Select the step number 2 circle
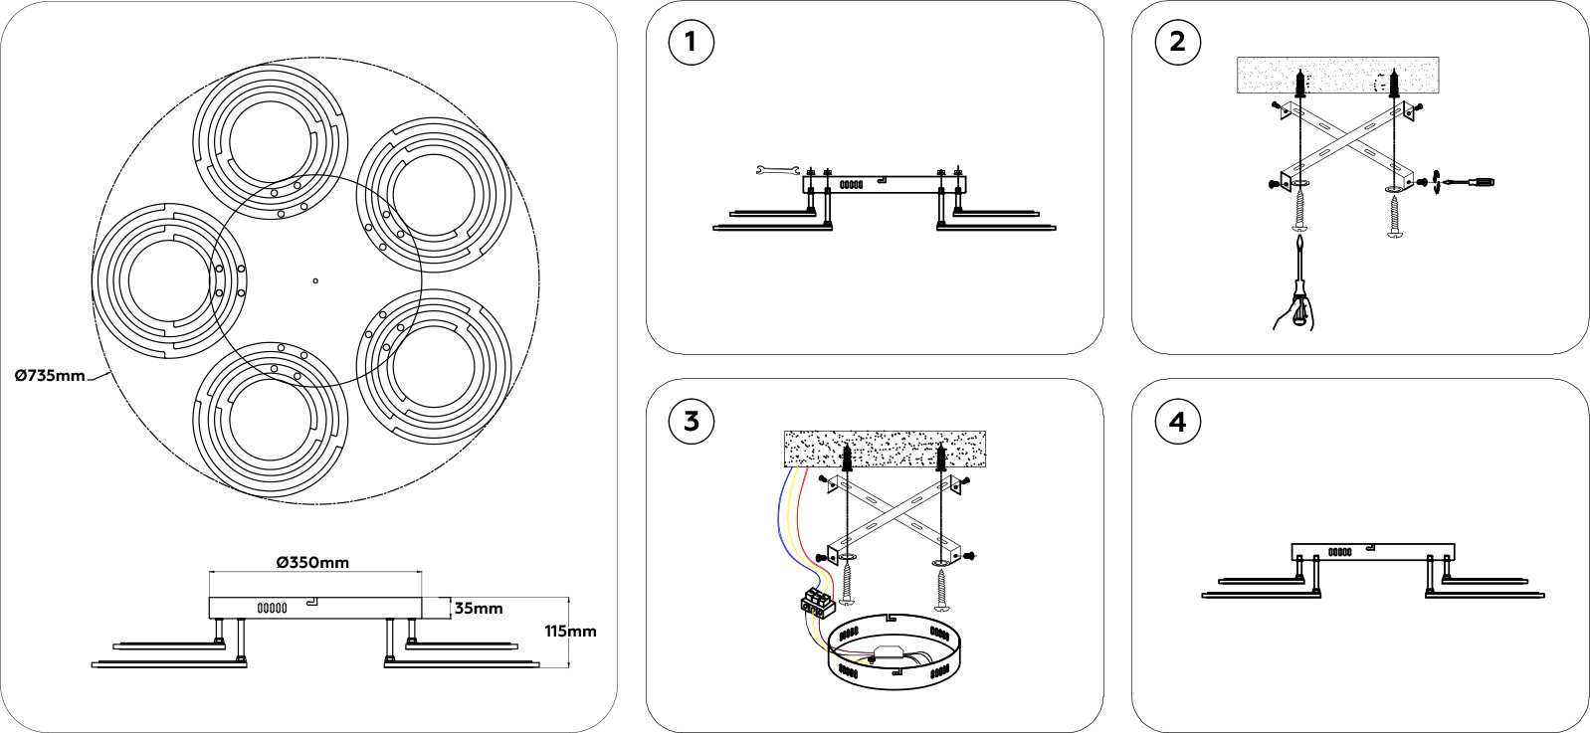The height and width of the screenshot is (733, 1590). [x=1178, y=43]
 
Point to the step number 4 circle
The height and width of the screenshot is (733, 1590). [x=1178, y=422]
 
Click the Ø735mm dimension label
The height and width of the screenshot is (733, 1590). [x=50, y=375]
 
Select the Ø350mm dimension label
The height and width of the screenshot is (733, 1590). [x=312, y=562]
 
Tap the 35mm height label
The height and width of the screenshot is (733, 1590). [x=478, y=608]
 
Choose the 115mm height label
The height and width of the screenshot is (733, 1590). [x=571, y=631]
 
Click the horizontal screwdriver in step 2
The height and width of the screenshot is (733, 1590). [x=1467, y=182]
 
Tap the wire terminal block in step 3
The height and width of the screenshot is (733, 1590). [x=815, y=601]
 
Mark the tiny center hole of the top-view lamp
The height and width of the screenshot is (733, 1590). [x=315, y=281]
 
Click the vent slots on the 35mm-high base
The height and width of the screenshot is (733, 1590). [x=273, y=607]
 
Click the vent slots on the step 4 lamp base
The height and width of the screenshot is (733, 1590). [x=1340, y=550]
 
